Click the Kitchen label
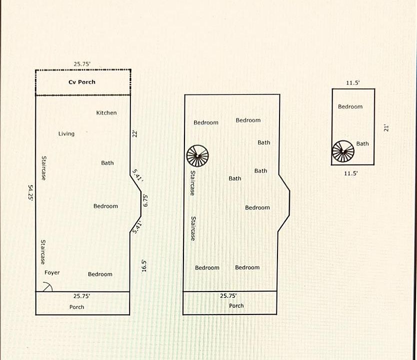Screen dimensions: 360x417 [x=106, y=113]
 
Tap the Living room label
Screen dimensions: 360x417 [x=66, y=133]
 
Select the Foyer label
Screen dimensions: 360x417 [x=52, y=272]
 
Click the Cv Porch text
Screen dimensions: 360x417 [x=82, y=82]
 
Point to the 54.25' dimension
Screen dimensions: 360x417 [x=30, y=192]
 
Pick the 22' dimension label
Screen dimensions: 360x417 [x=134, y=133]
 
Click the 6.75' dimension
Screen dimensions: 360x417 [x=145, y=199]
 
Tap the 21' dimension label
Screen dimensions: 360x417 [x=385, y=128]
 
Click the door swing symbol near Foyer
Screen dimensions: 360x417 [x=47, y=286]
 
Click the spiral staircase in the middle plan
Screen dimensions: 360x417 [x=197, y=156]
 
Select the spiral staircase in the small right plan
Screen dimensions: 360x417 [x=343, y=151]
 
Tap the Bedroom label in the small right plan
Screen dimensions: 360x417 [x=350, y=106]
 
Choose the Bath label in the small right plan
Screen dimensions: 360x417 [x=362, y=144]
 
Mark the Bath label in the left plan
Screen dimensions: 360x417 [x=107, y=163]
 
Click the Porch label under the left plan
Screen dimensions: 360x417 [x=76, y=307]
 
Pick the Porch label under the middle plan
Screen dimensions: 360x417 [x=236, y=305]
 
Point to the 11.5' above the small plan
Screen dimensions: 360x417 [x=353, y=83]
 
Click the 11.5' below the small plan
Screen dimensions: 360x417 [x=351, y=173]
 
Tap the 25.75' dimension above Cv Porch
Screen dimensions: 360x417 [x=82, y=64]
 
